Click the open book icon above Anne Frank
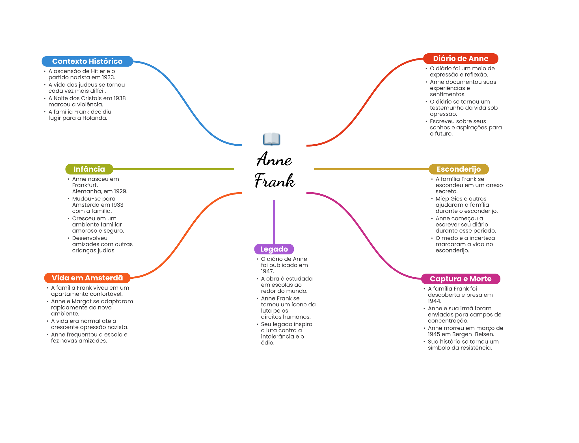[x=271, y=139]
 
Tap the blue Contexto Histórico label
[x=87, y=61]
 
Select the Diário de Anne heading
[x=461, y=58]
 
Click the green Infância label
[x=89, y=169]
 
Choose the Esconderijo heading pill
[x=459, y=169]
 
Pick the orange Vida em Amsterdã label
[x=87, y=278]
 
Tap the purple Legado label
[x=274, y=249]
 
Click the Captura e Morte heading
[x=461, y=279]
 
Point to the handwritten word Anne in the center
[x=274, y=159]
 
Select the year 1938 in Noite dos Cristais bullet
[x=120, y=98]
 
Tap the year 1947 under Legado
[x=267, y=271]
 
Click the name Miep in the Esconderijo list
[x=441, y=199]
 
